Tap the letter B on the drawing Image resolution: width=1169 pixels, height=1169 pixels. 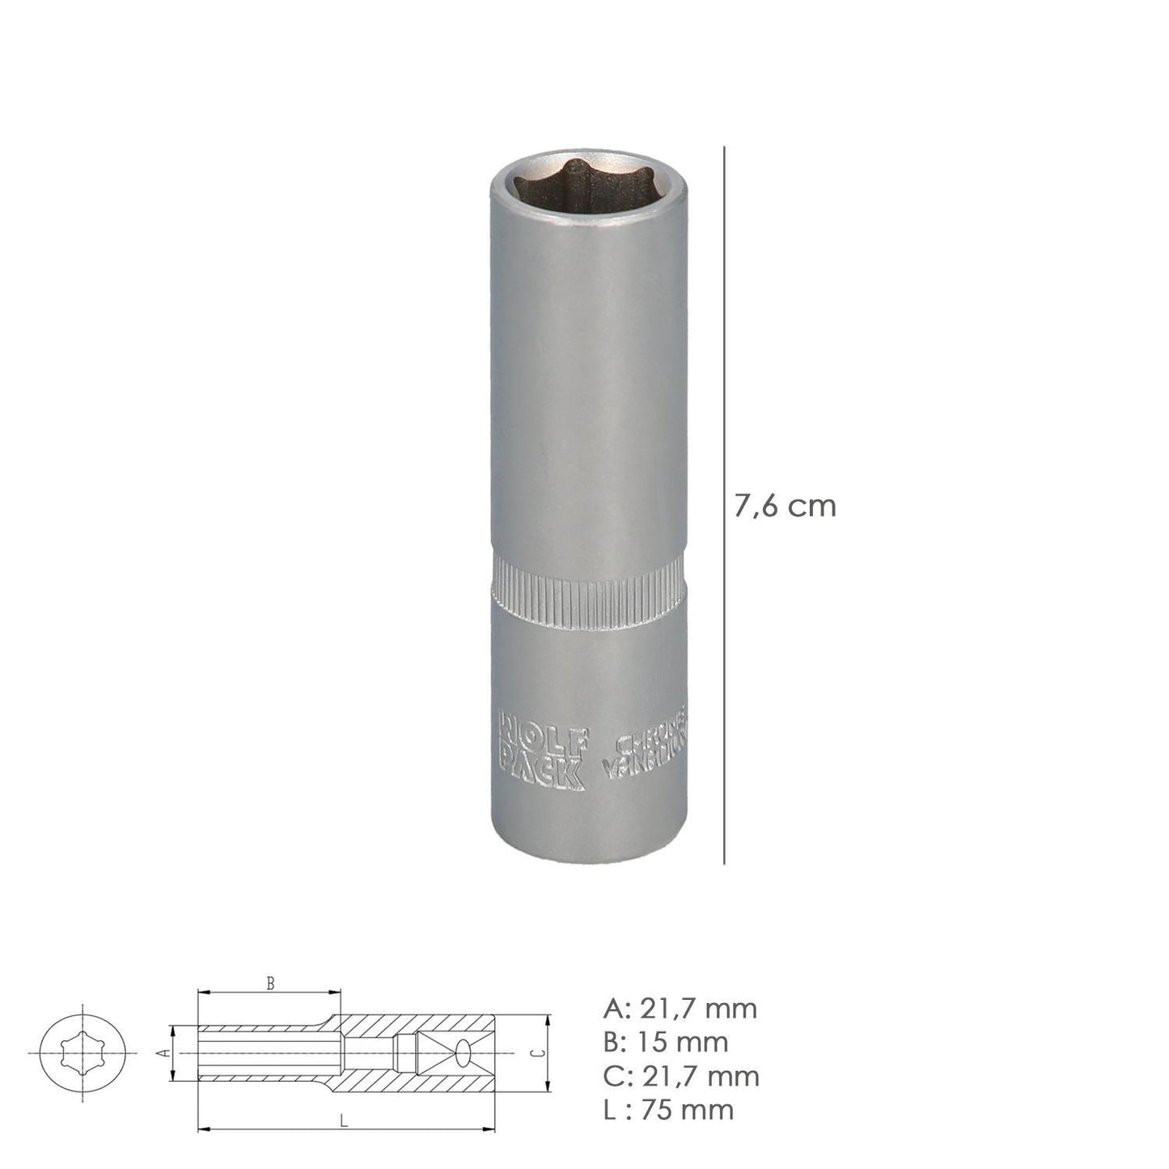(271, 985)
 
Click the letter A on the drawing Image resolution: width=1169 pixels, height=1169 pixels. (161, 1053)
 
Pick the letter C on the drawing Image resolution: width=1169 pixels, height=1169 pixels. (536, 1053)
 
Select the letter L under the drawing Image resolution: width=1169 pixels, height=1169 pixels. (343, 1121)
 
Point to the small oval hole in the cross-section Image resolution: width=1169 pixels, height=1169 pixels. (464, 1053)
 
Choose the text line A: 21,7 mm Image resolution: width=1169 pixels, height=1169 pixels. (680, 1009)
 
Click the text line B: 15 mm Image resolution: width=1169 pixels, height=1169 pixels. (665, 1042)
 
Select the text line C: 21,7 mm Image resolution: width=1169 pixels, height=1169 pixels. (680, 1076)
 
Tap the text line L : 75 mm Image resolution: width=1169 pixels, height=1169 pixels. (668, 1109)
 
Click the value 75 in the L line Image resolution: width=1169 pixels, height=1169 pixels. (656, 1109)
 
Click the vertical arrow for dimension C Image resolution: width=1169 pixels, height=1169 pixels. (548, 1053)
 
